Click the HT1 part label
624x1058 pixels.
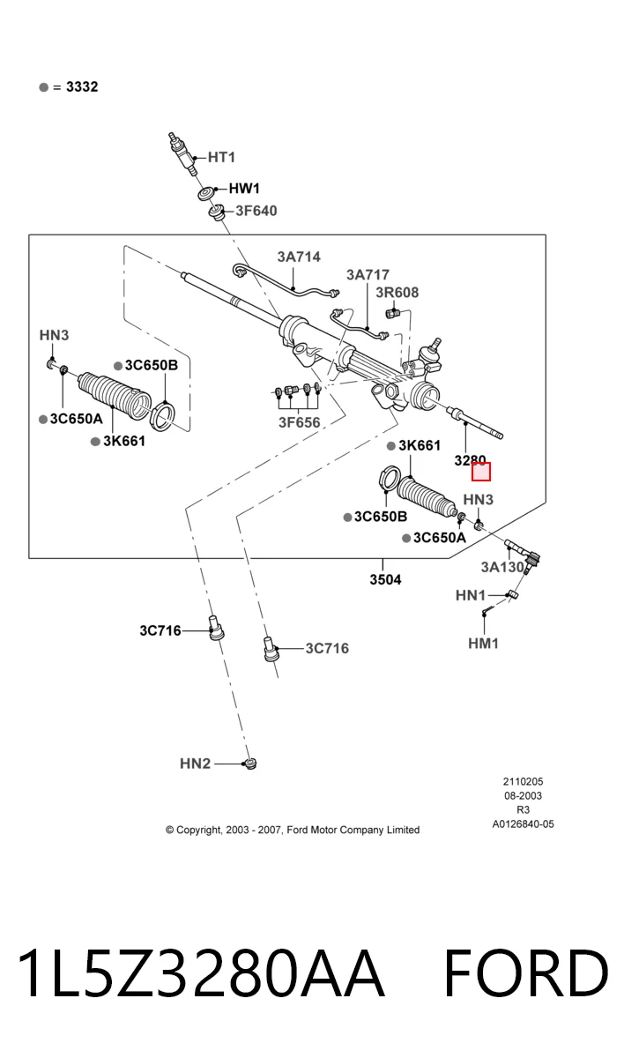click(x=221, y=157)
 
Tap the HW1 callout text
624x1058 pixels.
click(x=244, y=189)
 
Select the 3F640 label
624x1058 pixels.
click(x=256, y=211)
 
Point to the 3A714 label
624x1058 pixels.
click(x=299, y=257)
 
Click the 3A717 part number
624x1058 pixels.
click(x=368, y=275)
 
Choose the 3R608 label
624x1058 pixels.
click(x=397, y=293)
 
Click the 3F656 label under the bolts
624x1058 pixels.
click(x=300, y=422)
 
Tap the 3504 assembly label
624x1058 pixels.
click(x=385, y=579)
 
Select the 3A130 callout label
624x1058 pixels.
click(x=502, y=567)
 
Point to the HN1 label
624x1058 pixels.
click(x=471, y=596)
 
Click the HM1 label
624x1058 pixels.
click(x=483, y=644)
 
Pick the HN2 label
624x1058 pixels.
click(x=195, y=764)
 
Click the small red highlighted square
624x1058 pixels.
click(x=481, y=472)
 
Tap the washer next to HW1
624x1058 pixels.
click(x=206, y=194)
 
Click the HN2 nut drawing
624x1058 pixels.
click(x=249, y=764)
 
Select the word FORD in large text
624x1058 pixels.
click(x=526, y=973)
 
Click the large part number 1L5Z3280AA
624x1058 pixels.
click(x=200, y=973)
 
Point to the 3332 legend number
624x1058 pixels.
click(x=82, y=87)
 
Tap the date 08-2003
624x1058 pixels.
click(x=523, y=796)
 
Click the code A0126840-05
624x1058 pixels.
click(x=523, y=824)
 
